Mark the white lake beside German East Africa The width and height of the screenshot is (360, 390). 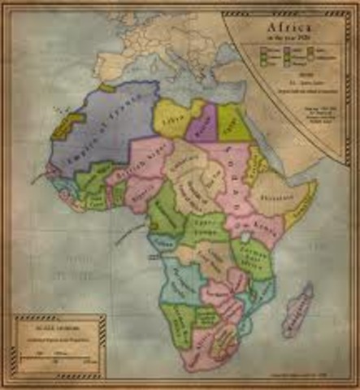(x=229, y=238)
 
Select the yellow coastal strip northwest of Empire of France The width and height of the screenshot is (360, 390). (x=61, y=126)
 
